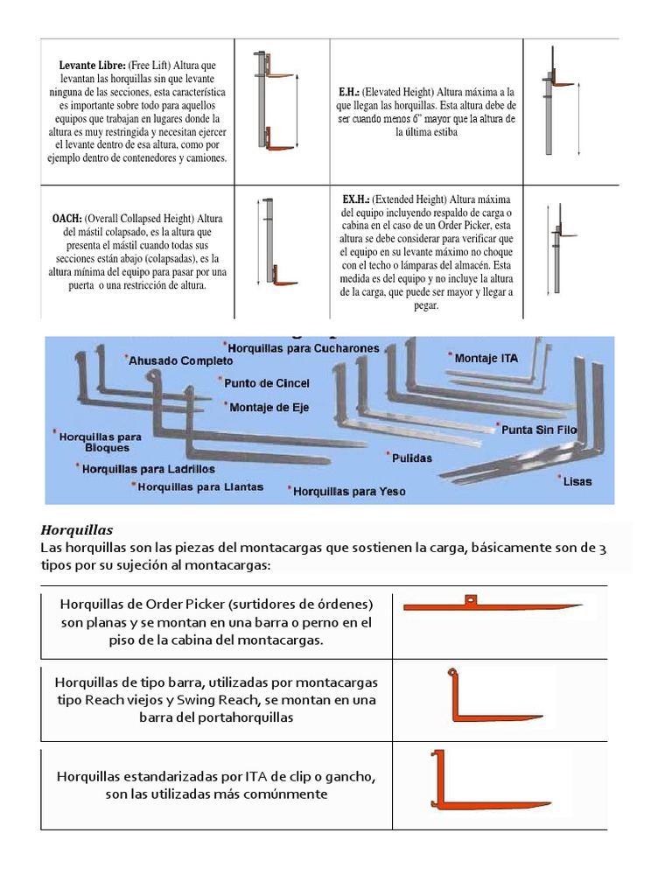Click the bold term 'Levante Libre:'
92,66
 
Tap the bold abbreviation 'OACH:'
66,219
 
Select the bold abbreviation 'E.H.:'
348,92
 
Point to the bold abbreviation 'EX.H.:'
355,199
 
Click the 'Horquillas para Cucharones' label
303,348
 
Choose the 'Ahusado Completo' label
180,360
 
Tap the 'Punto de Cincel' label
266,383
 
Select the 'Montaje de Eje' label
269,408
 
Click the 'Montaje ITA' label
486,358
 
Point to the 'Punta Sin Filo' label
539,430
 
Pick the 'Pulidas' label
411,458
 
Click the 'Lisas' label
577,482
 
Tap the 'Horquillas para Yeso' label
349,492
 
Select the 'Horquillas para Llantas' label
200,487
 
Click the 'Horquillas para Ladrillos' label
148,469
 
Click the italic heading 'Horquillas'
77,530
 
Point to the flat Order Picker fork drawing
493,605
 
